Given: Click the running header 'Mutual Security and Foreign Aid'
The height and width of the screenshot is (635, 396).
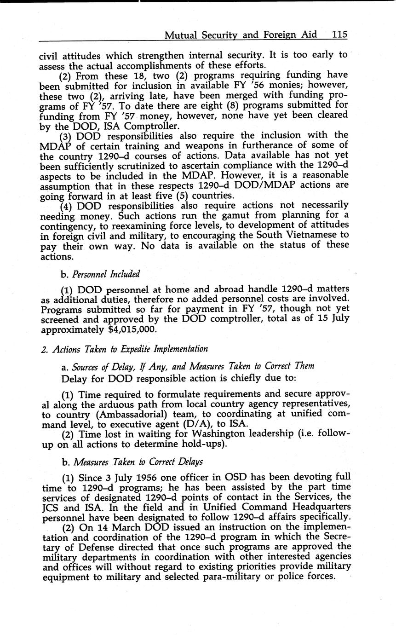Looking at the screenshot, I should pos(241,35).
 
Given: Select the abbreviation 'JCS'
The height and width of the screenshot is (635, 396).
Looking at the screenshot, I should pos(52,506).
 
